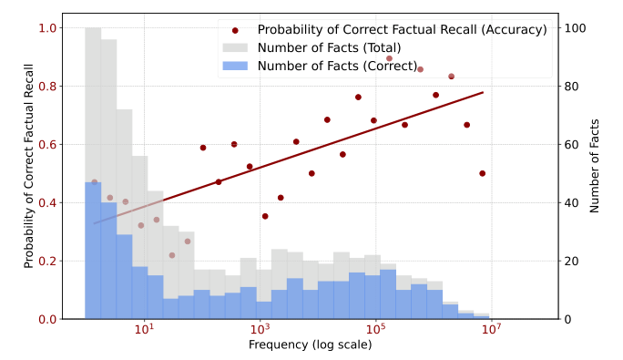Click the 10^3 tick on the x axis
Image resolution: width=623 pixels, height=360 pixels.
click(x=260, y=329)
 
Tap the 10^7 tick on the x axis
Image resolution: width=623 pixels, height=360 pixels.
click(x=491, y=329)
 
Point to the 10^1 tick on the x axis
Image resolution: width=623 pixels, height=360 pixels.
click(x=144, y=329)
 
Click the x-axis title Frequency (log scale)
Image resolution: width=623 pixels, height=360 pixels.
click(x=310, y=345)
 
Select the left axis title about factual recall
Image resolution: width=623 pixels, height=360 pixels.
click(x=30, y=166)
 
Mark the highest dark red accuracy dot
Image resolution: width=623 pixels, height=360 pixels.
click(x=389, y=58)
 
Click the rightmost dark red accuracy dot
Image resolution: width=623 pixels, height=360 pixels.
click(x=482, y=173)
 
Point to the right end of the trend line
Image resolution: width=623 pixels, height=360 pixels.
click(x=483, y=92)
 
